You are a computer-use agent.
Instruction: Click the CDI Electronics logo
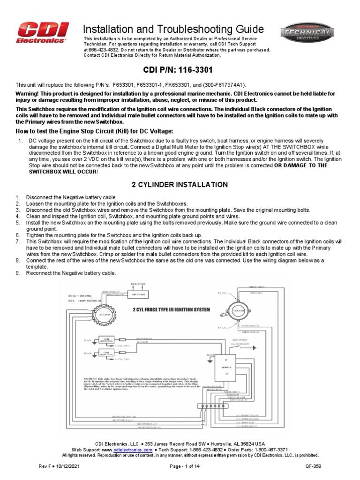(x=41, y=34)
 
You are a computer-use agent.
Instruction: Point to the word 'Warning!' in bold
(x=29, y=93)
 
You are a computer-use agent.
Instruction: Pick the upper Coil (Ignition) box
(x=106, y=340)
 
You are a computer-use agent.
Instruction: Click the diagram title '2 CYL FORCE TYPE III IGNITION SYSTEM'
(x=171, y=310)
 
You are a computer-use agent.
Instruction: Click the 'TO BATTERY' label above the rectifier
(x=139, y=284)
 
